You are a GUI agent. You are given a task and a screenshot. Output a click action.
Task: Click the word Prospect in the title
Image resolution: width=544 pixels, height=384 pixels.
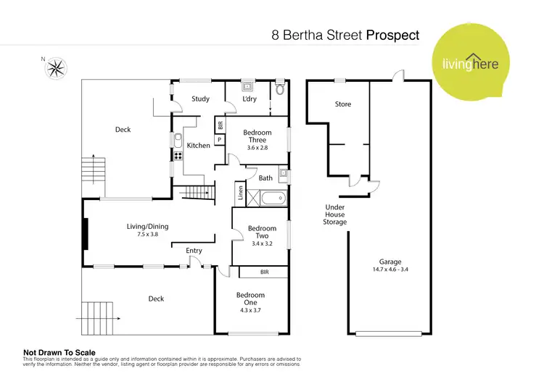[392, 34]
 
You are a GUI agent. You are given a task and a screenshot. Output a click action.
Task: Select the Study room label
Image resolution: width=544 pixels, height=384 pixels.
[200, 99]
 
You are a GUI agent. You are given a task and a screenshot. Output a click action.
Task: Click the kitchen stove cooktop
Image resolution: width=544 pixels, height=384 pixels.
[176, 155]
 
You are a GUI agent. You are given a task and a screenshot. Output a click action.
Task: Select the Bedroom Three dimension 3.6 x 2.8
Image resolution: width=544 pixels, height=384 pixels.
[257, 148]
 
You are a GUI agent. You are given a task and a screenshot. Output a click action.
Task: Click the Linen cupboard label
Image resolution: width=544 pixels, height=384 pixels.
[240, 193]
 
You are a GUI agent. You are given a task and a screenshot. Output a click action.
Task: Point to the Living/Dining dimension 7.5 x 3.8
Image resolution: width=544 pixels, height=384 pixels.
[147, 235]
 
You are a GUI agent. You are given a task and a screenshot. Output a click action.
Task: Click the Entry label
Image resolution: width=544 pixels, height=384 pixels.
[194, 251]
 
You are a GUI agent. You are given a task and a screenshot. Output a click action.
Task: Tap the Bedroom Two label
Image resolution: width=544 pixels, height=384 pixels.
[262, 232]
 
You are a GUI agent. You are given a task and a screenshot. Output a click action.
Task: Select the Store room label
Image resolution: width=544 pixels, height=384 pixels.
[342, 104]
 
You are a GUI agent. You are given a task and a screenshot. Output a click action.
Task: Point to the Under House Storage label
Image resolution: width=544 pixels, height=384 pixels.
[334, 214]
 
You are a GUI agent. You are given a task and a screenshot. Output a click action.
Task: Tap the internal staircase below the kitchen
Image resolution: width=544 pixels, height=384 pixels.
[194, 193]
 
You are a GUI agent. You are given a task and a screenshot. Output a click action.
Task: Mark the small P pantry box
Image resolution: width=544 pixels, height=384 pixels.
[219, 139]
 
